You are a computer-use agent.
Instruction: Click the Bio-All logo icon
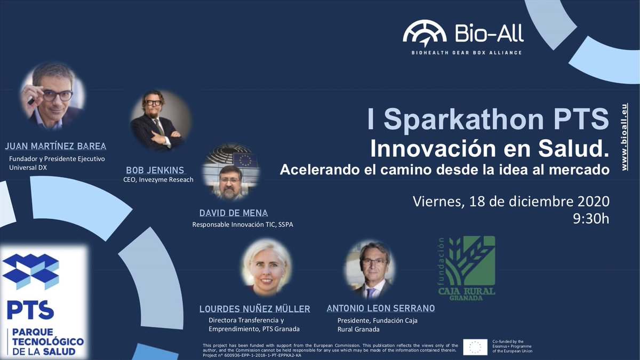(x=425, y=33)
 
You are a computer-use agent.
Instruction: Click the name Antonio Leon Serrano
(x=381, y=309)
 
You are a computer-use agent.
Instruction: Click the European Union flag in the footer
(x=475, y=347)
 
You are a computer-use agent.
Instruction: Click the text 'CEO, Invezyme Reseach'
(x=158, y=180)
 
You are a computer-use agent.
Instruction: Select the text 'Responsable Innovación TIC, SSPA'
(x=243, y=225)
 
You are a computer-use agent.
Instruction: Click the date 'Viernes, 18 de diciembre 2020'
(x=511, y=202)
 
